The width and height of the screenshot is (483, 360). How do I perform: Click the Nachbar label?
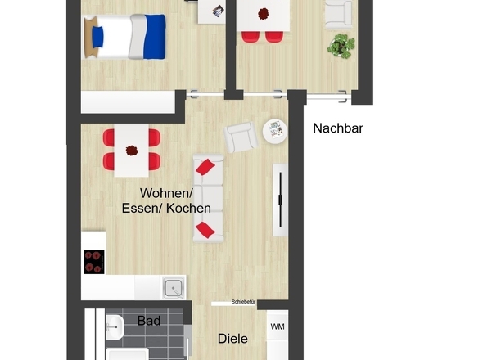click(338, 128)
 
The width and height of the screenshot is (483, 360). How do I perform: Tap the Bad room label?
click(149, 321)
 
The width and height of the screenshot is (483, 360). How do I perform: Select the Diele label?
click(232, 339)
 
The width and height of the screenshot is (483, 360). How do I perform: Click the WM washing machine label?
click(278, 326)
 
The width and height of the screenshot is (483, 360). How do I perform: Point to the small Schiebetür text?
click(243, 302)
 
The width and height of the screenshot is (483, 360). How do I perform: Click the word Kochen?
click(188, 209)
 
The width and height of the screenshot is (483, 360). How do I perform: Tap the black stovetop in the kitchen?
click(94, 262)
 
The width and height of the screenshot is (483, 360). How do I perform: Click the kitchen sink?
click(174, 288)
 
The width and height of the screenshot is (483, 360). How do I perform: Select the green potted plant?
click(341, 46)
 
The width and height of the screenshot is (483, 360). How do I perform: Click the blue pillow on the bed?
click(97, 38)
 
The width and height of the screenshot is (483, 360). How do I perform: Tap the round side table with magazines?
click(275, 131)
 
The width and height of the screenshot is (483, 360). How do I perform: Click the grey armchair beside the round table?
click(241, 137)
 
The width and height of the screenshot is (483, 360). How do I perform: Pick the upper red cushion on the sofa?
click(205, 167)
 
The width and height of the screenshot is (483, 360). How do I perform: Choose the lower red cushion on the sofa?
click(205, 230)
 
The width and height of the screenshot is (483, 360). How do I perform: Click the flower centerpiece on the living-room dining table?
click(132, 151)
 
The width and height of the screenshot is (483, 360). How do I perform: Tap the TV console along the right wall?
click(280, 200)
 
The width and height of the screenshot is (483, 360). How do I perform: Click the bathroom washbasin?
click(115, 327)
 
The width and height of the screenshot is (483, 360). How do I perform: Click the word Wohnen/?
click(166, 193)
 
